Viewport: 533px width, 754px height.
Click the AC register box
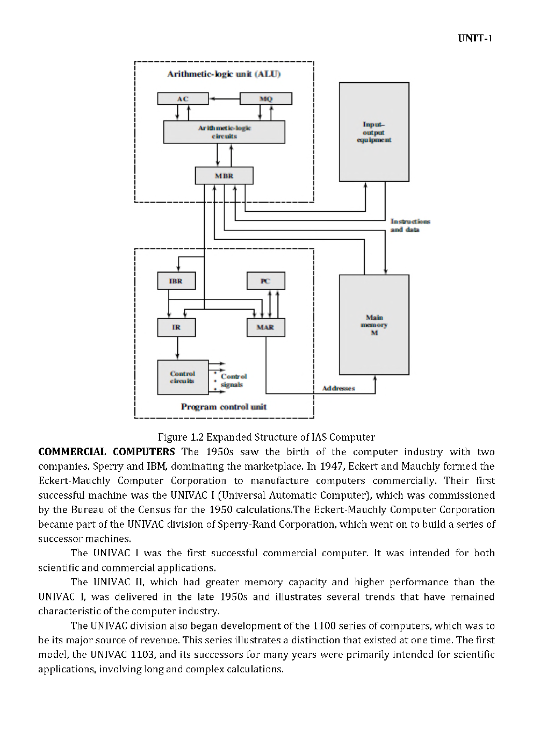tap(182, 99)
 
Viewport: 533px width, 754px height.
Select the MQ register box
tap(265, 99)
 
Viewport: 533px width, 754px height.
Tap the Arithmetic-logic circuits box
tap(224, 132)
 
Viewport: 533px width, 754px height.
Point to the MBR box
tap(224, 176)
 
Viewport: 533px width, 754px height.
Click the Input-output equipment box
tap(374, 132)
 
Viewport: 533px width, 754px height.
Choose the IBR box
tap(176, 281)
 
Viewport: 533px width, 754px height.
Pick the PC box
tap(265, 281)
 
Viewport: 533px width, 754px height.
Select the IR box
tap(176, 327)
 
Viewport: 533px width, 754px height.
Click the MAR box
tap(265, 327)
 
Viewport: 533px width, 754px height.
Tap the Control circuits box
tap(183, 377)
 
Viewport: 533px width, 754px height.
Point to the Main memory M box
tap(374, 325)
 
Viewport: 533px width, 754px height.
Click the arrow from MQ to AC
tap(224, 99)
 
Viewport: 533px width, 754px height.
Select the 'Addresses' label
tap(338, 388)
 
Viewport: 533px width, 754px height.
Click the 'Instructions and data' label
tap(410, 225)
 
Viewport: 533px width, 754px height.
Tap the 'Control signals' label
tap(233, 380)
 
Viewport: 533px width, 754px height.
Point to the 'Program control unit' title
tap(224, 407)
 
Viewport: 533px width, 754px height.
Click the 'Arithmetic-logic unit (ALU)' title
tap(224, 74)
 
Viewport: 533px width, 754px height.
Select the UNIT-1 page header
tap(475, 38)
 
